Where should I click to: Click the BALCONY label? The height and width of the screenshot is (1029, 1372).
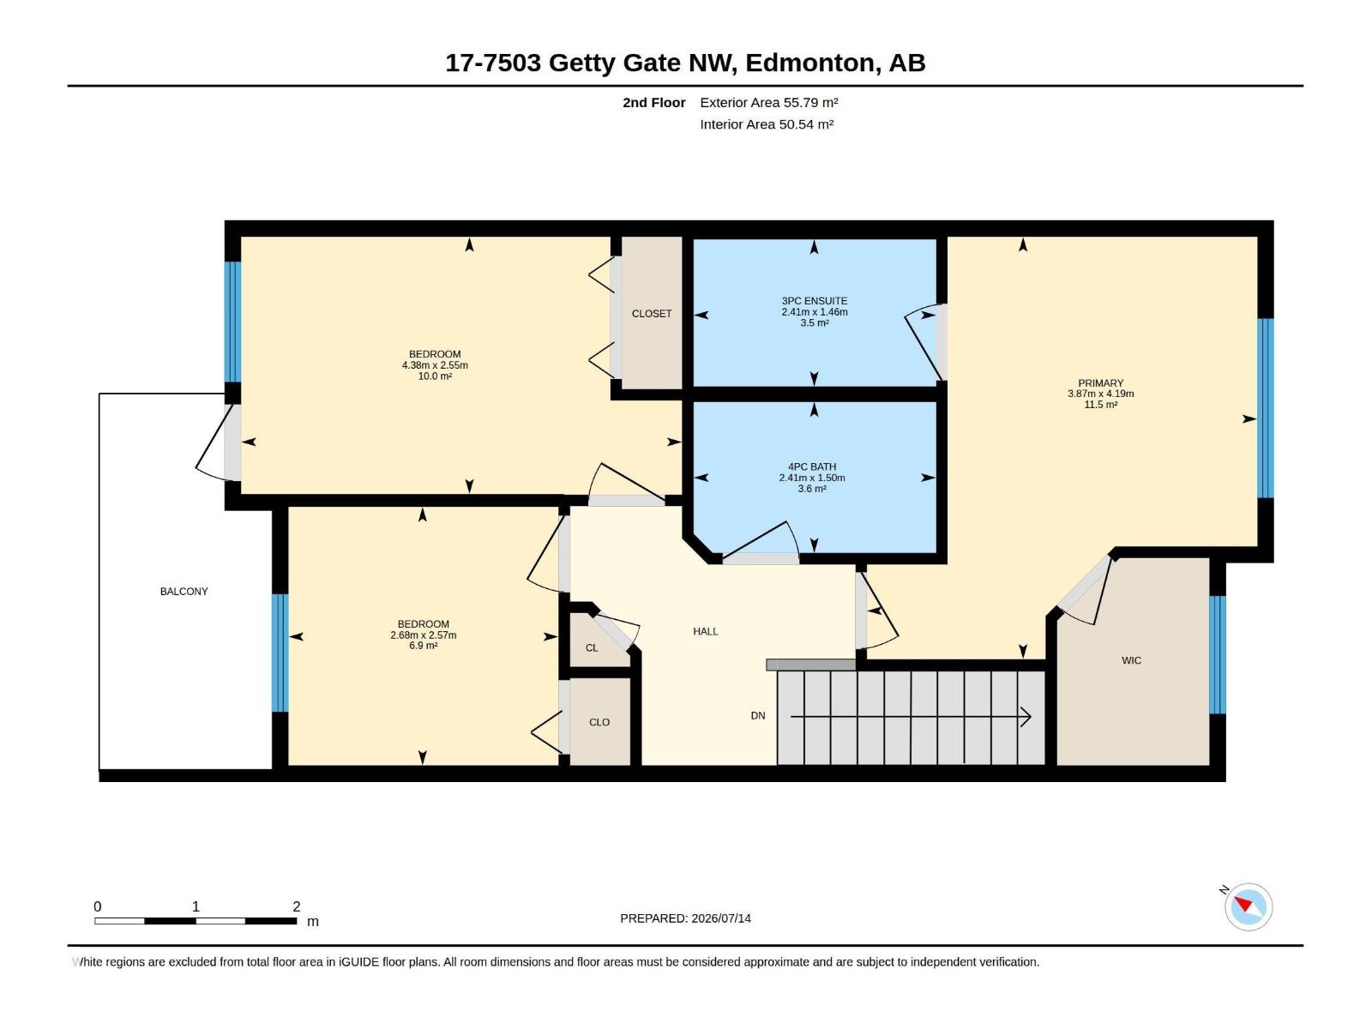pyautogui.click(x=184, y=592)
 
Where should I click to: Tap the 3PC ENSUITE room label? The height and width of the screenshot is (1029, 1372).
pyautogui.click(x=815, y=301)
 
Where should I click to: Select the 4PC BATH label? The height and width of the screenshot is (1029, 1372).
pyautogui.click(x=812, y=466)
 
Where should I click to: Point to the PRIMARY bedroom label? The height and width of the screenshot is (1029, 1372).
pyautogui.click(x=1101, y=383)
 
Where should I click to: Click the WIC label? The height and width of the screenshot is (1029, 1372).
pyautogui.click(x=1131, y=660)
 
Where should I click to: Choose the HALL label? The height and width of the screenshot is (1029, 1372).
pyautogui.click(x=705, y=632)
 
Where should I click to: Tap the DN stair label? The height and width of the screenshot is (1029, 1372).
pyautogui.click(x=757, y=716)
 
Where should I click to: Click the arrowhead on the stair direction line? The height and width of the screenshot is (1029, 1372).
pyautogui.click(x=1026, y=717)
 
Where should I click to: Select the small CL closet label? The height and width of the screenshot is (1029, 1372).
pyautogui.click(x=592, y=648)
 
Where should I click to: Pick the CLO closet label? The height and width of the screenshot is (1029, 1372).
pyautogui.click(x=599, y=722)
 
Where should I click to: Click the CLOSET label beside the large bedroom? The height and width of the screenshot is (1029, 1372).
pyautogui.click(x=652, y=314)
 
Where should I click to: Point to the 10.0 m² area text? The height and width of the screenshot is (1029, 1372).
pyautogui.click(x=435, y=376)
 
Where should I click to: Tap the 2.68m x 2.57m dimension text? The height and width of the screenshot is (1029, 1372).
pyautogui.click(x=423, y=635)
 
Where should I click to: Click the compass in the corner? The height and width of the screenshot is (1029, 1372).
pyautogui.click(x=1248, y=907)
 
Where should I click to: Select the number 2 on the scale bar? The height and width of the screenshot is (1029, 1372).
pyautogui.click(x=297, y=906)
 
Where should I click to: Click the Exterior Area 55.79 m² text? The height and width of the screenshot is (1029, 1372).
pyautogui.click(x=769, y=102)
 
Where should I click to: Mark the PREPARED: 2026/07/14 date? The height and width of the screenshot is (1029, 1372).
pyautogui.click(x=686, y=918)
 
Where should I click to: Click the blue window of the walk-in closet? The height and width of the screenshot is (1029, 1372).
pyautogui.click(x=1218, y=655)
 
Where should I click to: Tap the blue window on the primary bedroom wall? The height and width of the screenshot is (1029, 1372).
pyautogui.click(x=1265, y=408)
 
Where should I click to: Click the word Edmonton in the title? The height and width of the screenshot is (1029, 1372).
pyautogui.click(x=809, y=63)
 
